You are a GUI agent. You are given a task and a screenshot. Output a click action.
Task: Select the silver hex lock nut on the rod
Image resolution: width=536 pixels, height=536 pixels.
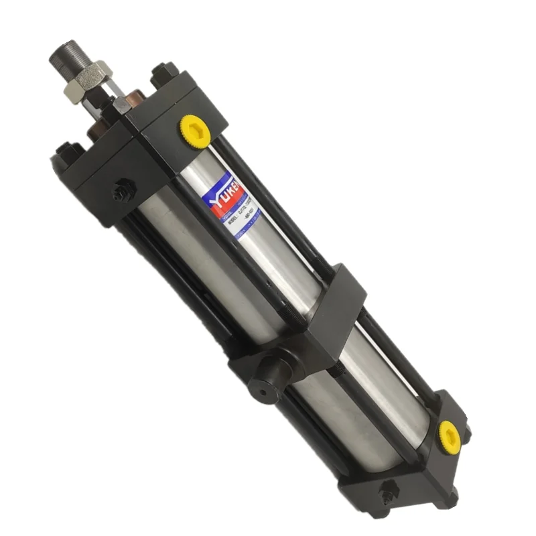click(x=88, y=76)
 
